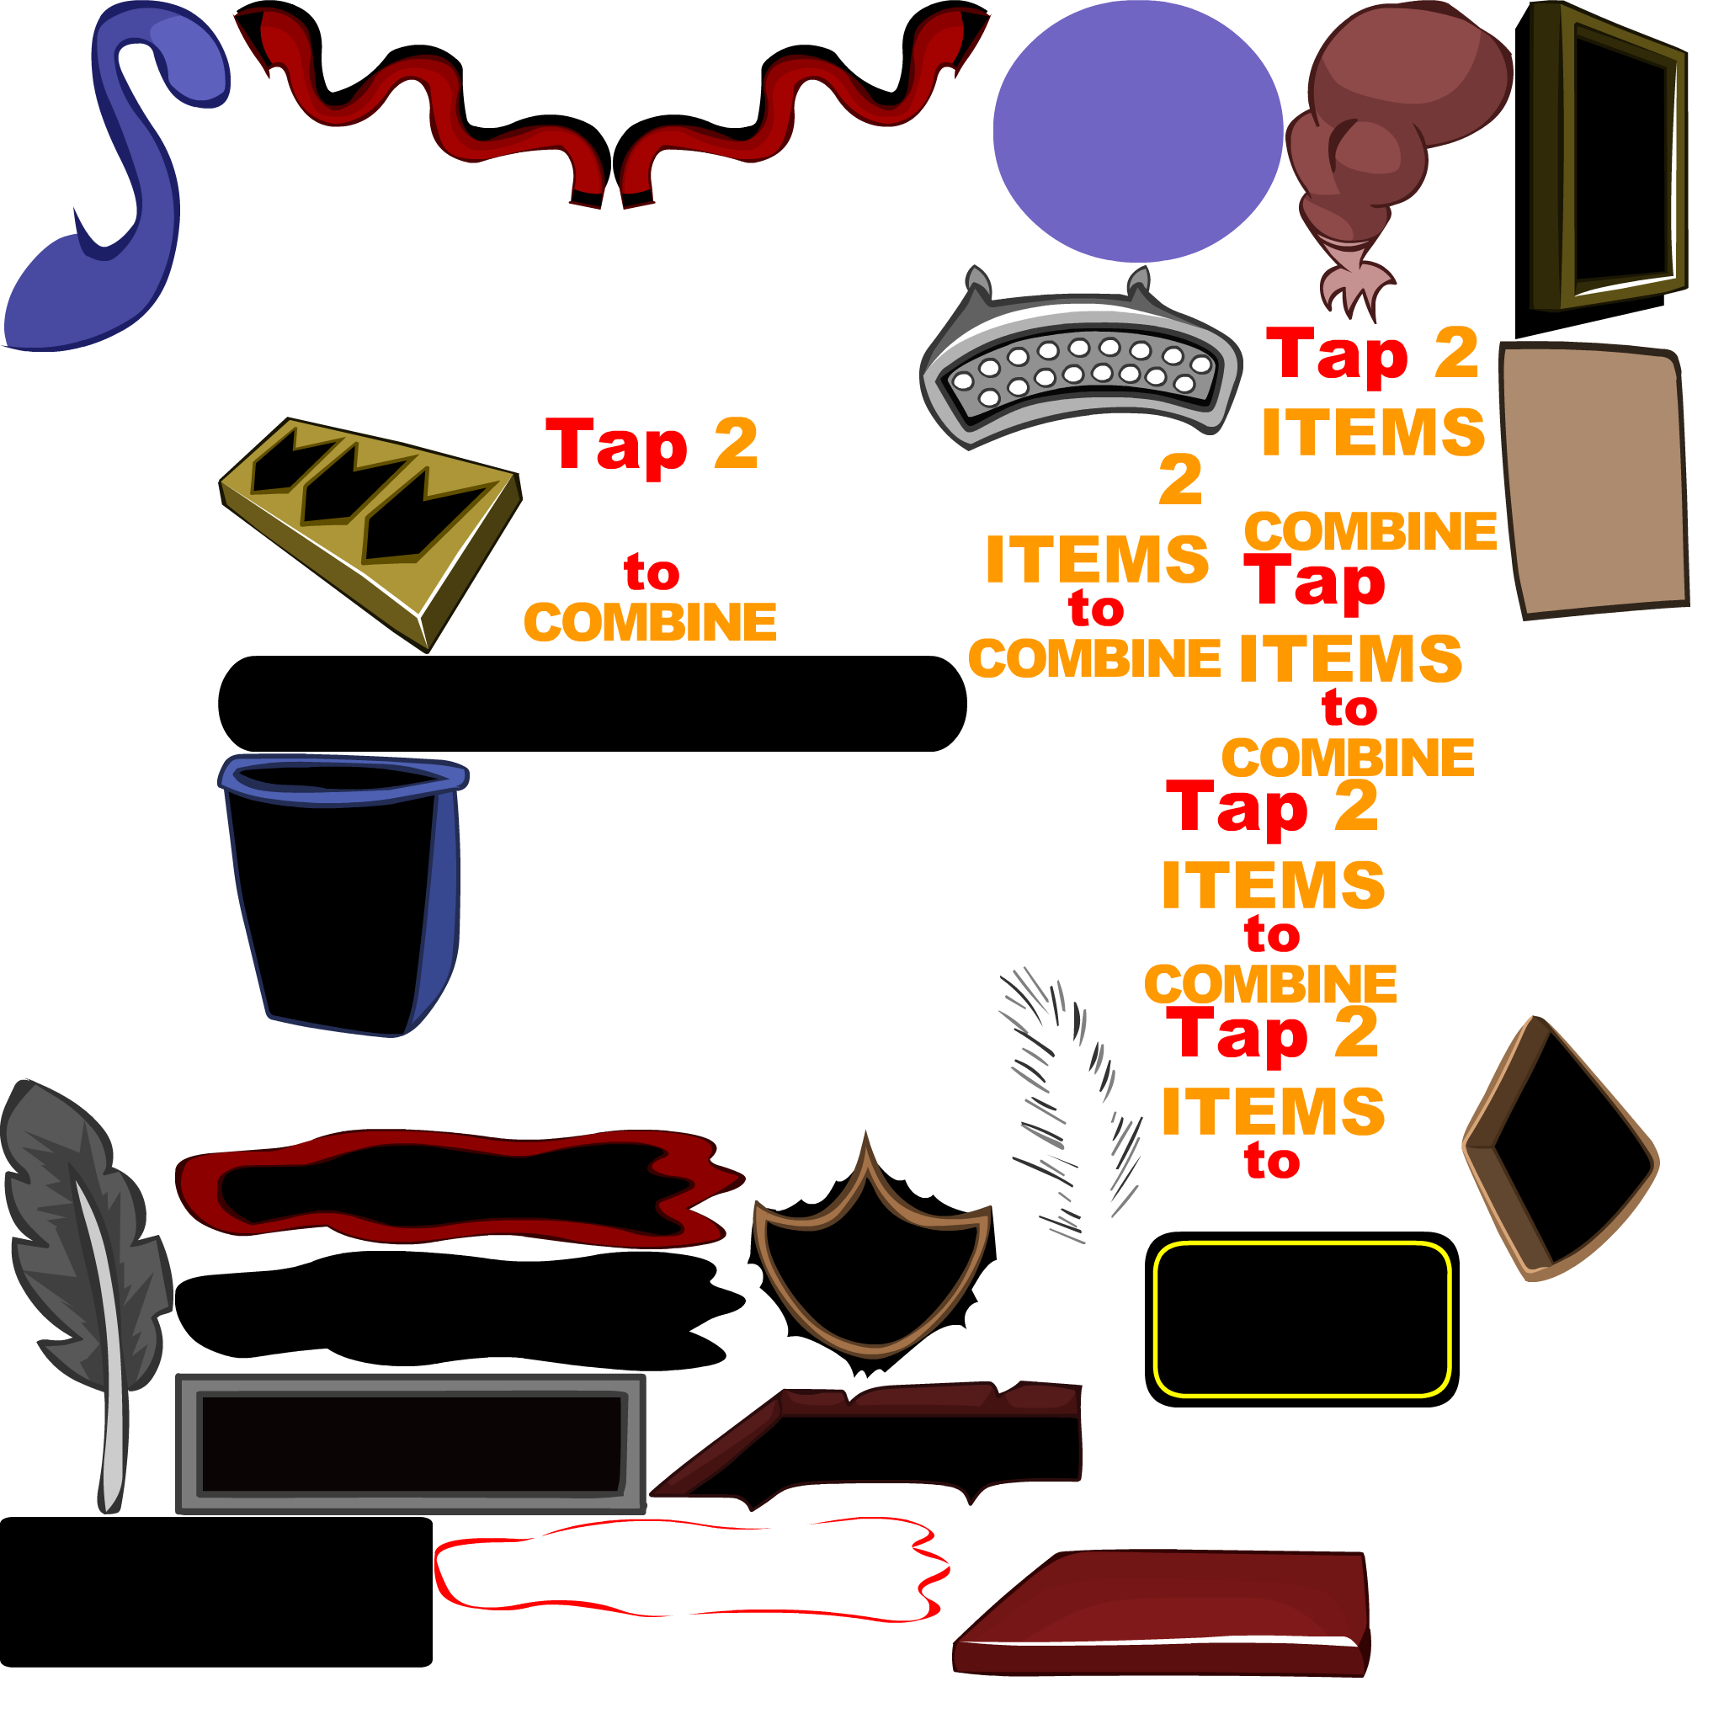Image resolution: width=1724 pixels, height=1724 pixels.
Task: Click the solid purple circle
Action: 1138,131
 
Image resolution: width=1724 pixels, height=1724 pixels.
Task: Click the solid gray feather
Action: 80,1249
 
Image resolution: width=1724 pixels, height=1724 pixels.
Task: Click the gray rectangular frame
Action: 411,1387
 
